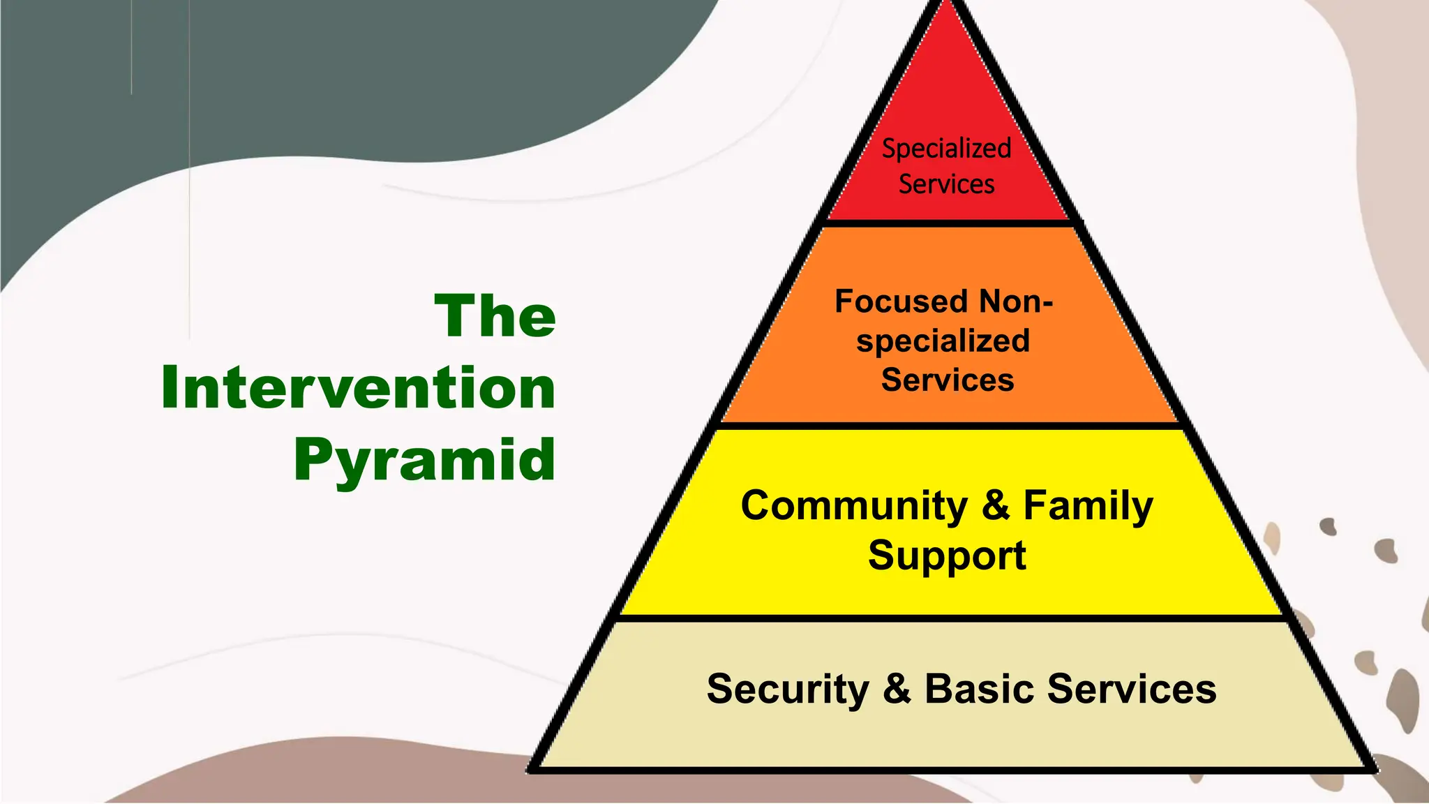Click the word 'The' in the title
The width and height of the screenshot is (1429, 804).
coord(495,316)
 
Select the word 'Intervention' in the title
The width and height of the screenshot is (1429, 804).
coord(358,388)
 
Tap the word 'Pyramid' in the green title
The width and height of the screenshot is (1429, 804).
coord(424,460)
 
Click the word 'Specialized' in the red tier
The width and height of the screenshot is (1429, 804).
coord(946,149)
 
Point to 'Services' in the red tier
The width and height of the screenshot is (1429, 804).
coord(946,184)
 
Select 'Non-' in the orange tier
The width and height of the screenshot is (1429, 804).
coord(1016,301)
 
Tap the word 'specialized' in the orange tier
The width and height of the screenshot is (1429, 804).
coord(943,341)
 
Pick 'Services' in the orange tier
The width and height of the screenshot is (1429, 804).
coord(947,380)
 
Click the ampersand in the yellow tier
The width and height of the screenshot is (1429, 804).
coord(996,505)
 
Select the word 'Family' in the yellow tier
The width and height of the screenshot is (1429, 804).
coord(1088,505)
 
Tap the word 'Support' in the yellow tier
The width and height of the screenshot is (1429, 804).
coord(947,556)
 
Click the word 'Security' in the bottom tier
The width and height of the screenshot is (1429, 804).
coord(788,690)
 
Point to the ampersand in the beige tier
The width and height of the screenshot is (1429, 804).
coord(897,689)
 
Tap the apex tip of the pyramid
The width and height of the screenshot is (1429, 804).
coord(948,3)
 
